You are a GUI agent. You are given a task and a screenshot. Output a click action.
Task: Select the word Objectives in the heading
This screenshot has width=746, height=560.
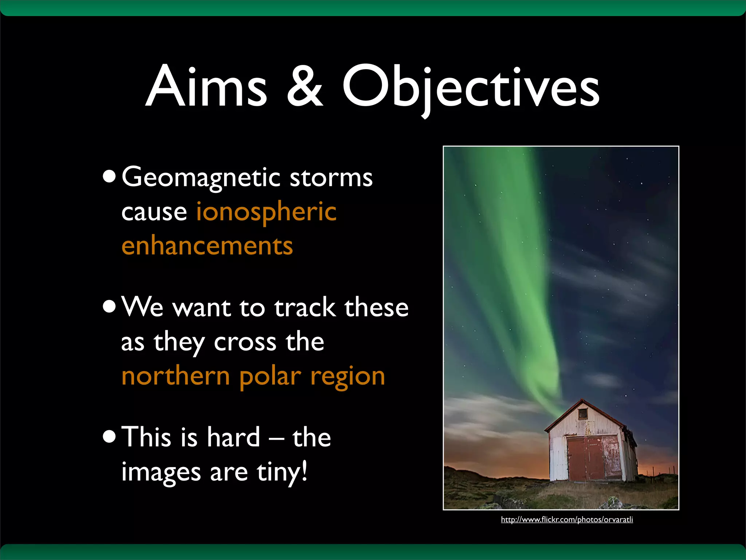[471, 87]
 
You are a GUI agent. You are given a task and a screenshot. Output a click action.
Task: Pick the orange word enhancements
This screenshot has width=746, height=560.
[207, 246]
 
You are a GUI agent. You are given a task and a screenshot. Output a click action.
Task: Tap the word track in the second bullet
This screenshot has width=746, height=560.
[305, 308]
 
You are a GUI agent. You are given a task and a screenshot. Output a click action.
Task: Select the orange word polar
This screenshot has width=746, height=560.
[271, 376]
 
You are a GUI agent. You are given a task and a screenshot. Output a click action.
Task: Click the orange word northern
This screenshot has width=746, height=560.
[176, 376]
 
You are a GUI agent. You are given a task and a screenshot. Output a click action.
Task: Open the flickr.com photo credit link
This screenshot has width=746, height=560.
[567, 520]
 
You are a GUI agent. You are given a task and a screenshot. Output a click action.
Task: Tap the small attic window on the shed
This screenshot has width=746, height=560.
[583, 413]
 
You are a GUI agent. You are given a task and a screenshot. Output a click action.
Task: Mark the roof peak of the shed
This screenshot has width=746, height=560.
[582, 400]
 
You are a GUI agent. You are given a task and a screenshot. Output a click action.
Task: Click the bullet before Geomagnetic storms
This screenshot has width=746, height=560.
[109, 177]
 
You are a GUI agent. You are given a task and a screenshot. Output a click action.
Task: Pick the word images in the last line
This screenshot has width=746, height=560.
[161, 472]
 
